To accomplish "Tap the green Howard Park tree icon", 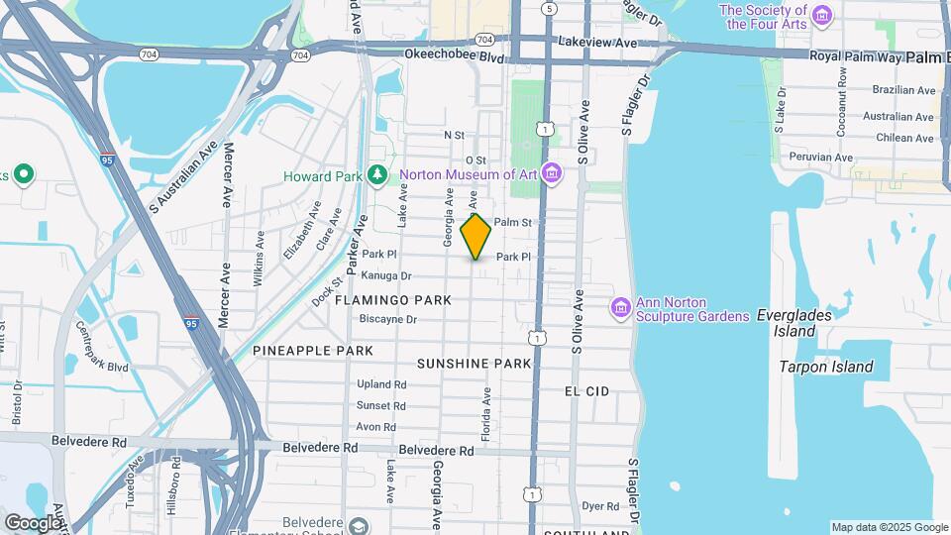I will point(376,176).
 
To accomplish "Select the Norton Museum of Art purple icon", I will point(553,175).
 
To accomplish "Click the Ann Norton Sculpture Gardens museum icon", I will point(621,308).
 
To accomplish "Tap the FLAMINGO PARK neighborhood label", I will point(393,299).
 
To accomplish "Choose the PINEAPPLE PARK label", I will point(313,351).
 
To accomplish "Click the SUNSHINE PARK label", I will point(475,364).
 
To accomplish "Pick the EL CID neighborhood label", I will point(587,391).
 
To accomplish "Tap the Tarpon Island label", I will point(826,367).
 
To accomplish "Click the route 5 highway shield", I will point(550,8).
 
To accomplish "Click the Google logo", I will point(33,522).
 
